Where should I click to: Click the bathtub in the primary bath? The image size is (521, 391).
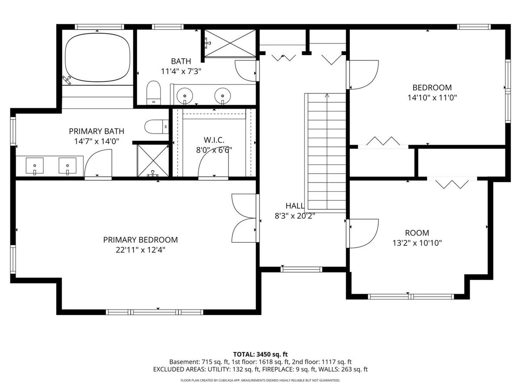[98, 57]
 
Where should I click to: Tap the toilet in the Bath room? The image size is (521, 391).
[154, 93]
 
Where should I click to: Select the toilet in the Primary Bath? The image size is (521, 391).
[156, 126]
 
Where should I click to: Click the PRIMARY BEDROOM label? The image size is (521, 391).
[140, 240]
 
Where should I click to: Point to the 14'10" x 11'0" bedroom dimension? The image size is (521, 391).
[432, 98]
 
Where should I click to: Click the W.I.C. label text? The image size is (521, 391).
[214, 140]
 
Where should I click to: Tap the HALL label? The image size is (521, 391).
[294, 205]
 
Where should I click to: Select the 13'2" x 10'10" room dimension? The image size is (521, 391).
[417, 243]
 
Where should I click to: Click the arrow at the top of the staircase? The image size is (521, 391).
[327, 96]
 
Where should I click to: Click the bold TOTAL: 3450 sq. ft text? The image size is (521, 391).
[260, 355]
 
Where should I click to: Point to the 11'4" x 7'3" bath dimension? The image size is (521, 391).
[181, 71]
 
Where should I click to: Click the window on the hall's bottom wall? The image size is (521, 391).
[301, 269]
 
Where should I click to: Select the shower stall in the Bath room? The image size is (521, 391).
[230, 43]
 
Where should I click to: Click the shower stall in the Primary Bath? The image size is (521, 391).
[153, 161]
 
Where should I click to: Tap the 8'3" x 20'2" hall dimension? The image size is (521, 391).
[294, 216]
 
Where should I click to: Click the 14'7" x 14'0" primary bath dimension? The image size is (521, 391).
[96, 141]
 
